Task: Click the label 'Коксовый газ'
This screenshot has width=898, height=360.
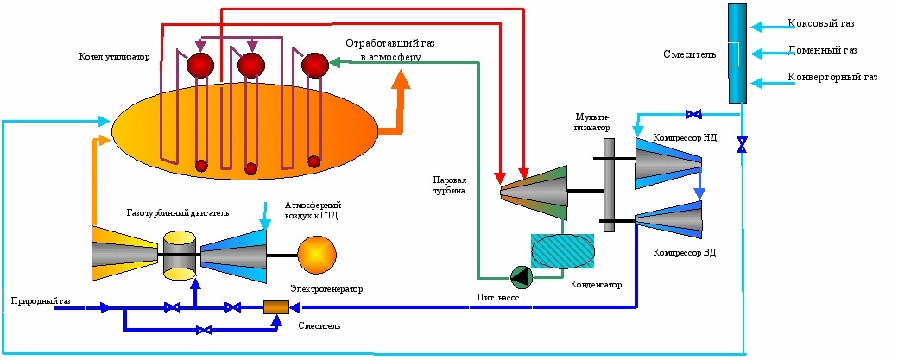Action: point(820,22)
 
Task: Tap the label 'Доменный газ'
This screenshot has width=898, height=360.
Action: point(821,50)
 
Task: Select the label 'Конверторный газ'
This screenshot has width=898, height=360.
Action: point(832,77)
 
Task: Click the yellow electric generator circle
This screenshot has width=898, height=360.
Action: point(316,254)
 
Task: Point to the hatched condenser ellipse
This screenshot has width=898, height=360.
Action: point(562,252)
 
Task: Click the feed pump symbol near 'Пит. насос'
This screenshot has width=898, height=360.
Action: point(522,276)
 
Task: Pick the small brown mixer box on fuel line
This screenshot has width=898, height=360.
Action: point(275,306)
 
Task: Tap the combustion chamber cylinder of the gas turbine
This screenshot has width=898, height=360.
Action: point(180,255)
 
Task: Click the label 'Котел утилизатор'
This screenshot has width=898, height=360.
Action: point(114,57)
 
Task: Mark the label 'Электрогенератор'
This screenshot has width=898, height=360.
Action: point(326,288)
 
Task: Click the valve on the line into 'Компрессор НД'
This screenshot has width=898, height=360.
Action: point(692,113)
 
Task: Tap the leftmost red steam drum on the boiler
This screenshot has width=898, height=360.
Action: point(200,66)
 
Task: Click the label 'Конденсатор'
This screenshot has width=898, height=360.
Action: point(595,284)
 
